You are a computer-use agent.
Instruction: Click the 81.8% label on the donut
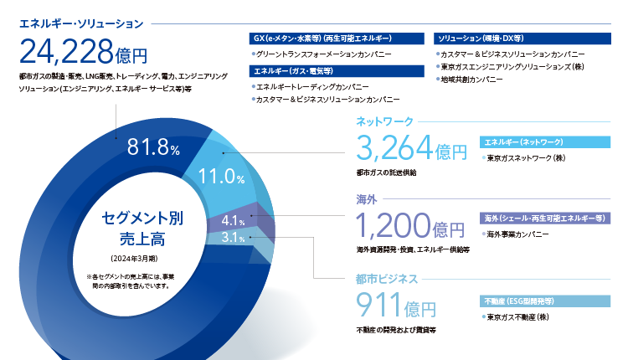coord(153,147)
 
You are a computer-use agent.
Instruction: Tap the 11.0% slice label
coord(222,176)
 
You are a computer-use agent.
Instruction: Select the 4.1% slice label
coord(233,221)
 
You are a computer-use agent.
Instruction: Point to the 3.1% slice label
coord(233,238)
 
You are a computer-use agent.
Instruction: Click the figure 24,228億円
coord(83,52)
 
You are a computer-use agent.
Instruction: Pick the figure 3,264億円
coord(412,147)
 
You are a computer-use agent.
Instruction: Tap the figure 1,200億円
coord(410,225)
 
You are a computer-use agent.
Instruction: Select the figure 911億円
coord(396,305)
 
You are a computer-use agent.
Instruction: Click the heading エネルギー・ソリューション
coord(81,24)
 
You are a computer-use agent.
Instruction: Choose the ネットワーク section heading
coord(384,121)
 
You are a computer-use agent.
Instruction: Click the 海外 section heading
coord(367,199)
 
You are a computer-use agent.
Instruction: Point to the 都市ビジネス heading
coord(387,279)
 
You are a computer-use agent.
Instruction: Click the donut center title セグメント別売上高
coord(142,229)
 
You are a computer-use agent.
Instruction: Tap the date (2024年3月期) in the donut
coord(134,259)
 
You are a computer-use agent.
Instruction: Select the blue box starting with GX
coord(337,39)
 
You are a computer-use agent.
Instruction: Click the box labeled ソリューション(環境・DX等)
coord(522,39)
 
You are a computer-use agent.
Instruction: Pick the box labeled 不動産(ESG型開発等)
coord(545,301)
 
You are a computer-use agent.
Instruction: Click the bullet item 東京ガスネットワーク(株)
coord(524,158)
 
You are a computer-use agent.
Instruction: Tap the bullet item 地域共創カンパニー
coord(470,80)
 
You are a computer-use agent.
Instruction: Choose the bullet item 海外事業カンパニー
coord(516,234)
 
